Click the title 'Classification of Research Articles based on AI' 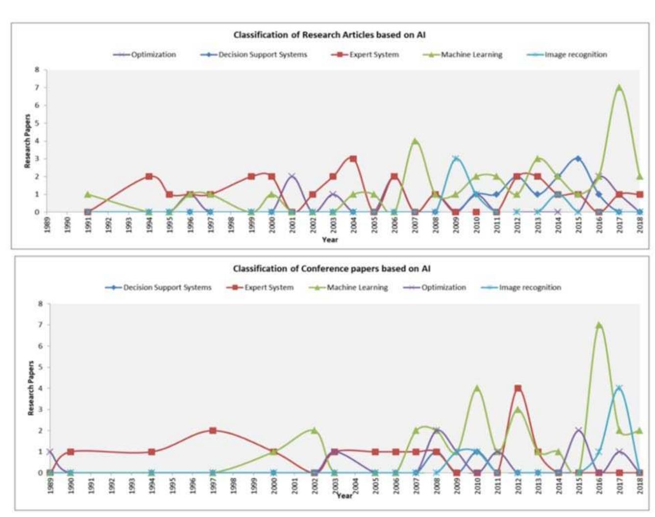click(x=329, y=35)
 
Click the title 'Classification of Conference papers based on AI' click(x=332, y=268)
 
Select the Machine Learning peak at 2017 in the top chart click(x=619, y=88)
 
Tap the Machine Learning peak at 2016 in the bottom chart click(x=599, y=325)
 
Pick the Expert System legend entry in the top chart click(x=365, y=54)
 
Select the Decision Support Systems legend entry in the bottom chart click(x=159, y=287)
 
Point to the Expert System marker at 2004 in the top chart click(x=353, y=159)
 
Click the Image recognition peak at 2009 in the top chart click(x=456, y=159)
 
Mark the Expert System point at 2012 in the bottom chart click(x=518, y=389)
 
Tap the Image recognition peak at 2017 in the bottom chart click(x=619, y=389)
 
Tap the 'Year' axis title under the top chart click(x=330, y=239)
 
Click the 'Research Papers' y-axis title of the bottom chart click(x=31, y=388)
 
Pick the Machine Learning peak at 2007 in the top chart click(x=415, y=141)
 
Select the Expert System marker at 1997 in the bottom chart click(x=213, y=430)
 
